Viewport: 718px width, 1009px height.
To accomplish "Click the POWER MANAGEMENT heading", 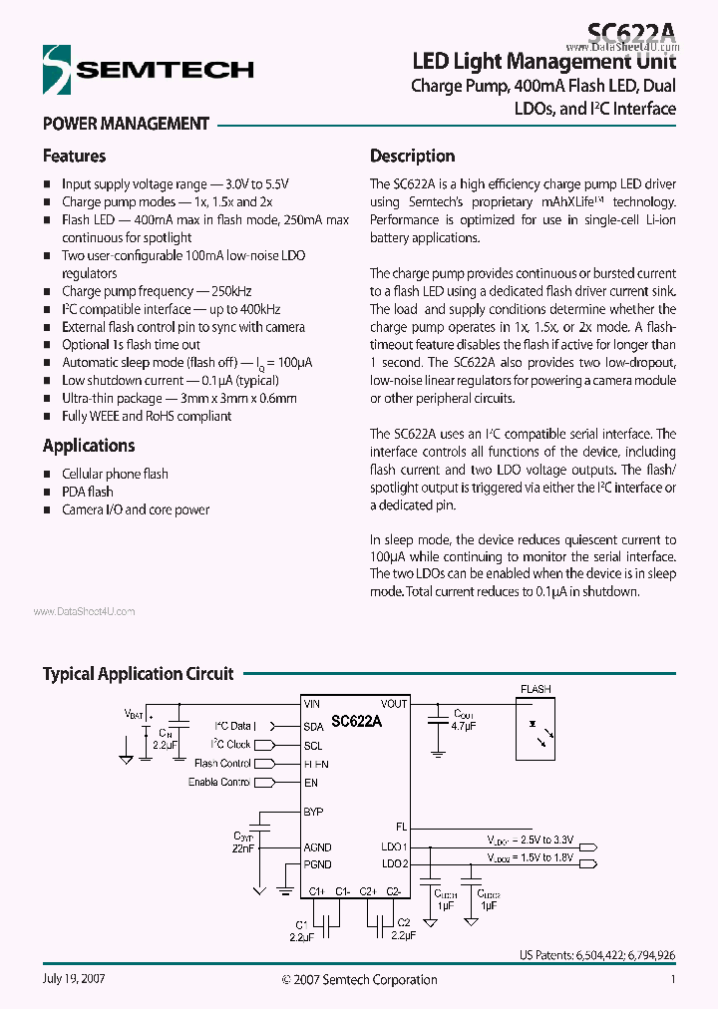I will click(126, 125).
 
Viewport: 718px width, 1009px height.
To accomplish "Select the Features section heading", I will click(74, 157).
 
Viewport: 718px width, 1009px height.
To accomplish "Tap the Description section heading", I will click(412, 157).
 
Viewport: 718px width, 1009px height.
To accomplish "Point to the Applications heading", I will click(89, 446).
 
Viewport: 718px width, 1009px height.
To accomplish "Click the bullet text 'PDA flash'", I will click(88, 492).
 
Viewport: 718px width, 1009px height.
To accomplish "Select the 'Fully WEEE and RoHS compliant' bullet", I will click(147, 416).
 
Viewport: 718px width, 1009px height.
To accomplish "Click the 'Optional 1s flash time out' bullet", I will click(131, 344).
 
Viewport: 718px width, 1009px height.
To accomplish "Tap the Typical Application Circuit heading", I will click(138, 674).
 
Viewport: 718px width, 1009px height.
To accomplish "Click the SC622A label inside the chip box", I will click(356, 720).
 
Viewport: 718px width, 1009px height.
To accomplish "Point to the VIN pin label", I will click(312, 704).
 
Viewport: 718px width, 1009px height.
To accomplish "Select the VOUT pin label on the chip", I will click(394, 704).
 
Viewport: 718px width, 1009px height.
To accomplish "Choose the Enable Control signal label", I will click(219, 783).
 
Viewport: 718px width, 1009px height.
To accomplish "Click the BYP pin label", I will click(313, 812).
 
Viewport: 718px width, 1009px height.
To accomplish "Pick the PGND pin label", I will click(317, 864).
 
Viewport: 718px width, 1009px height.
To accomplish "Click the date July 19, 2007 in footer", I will click(74, 979).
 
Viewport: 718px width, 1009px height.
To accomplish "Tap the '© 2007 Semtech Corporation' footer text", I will click(359, 980).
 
